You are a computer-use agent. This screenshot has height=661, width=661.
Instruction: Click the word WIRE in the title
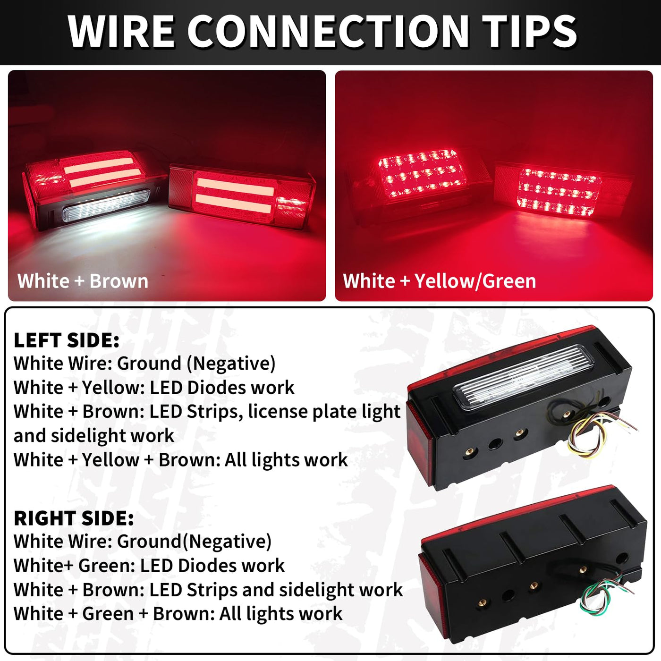coord(121,32)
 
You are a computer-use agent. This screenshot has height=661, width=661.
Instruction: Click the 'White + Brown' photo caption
coord(83,281)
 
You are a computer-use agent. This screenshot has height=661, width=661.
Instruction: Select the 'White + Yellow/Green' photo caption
coord(440,281)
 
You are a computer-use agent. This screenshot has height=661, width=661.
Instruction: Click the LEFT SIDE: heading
coord(67,340)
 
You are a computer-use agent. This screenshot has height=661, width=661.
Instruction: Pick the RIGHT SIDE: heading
coord(74,518)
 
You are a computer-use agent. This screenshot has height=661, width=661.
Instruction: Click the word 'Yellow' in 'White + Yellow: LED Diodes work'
coord(110,388)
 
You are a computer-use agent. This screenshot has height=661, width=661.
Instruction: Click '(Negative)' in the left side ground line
coord(231,364)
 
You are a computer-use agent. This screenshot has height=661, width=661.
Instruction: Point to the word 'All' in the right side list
coord(231,614)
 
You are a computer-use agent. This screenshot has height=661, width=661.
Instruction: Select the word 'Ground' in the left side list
coord(149,364)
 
